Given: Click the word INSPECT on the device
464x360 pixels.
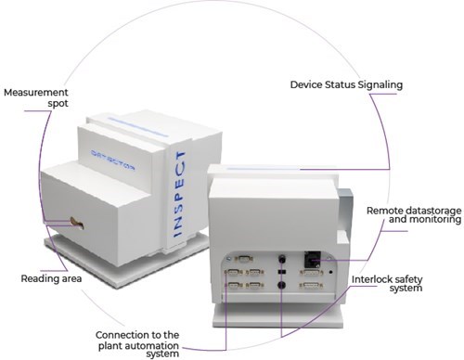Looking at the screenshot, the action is [x=179, y=194].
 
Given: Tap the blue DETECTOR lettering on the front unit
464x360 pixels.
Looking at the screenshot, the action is [x=113, y=161].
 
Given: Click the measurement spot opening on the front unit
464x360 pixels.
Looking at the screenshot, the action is [x=77, y=223].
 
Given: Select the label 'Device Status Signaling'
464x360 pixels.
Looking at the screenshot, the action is [x=346, y=84].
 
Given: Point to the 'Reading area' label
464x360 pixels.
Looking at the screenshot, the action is [x=51, y=278].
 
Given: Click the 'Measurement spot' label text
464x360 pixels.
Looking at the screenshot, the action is [x=36, y=97].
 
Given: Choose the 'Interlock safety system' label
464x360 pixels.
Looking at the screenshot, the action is [x=387, y=284].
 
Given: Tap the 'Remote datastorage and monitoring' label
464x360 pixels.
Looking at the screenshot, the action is [x=414, y=215].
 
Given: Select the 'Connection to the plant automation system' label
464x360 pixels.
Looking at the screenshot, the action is [x=137, y=344].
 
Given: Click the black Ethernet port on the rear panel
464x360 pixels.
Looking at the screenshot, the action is [x=313, y=259].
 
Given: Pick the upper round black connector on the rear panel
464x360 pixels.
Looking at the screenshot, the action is [x=282, y=259].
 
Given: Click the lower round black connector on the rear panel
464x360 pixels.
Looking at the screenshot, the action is [x=281, y=285].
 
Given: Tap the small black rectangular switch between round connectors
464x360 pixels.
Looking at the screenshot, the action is [x=282, y=272].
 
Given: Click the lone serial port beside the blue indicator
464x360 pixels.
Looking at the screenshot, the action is [x=244, y=259].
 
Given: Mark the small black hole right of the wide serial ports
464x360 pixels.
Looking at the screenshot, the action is [x=331, y=272].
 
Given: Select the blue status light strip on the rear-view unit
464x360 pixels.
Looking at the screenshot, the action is [x=264, y=169].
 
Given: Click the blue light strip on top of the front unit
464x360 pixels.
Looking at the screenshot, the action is [x=137, y=127].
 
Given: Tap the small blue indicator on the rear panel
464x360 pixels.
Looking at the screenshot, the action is [x=228, y=259].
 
